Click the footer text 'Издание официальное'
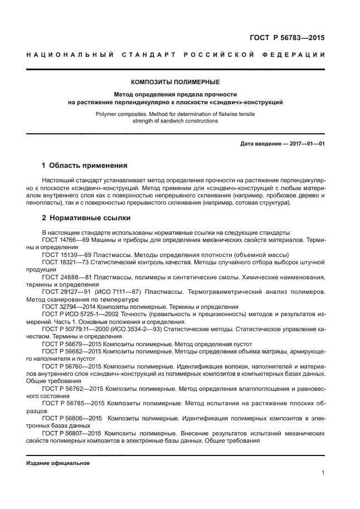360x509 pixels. tap(58, 463)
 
